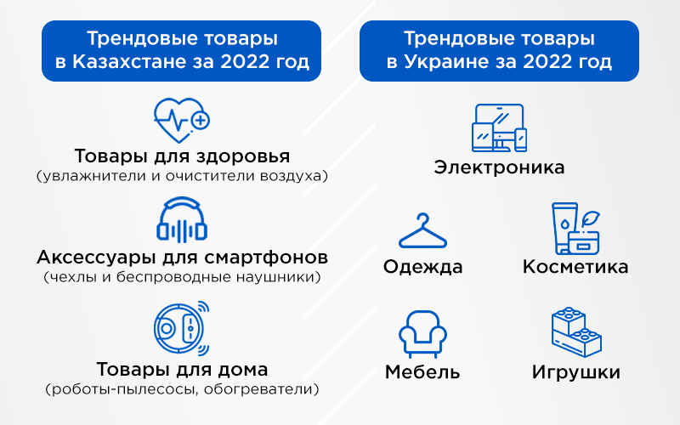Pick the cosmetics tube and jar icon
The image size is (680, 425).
click(575, 228)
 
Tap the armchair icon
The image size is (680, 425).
click(422, 332)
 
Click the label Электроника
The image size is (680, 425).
click(499, 167)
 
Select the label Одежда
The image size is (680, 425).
click(422, 267)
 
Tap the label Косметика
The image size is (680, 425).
click(575, 267)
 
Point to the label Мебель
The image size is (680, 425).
click(422, 372)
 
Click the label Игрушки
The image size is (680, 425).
click(575, 372)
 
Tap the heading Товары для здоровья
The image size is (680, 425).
click(182, 157)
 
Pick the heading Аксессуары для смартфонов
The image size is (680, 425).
click(182, 257)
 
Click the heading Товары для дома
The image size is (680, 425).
click(182, 370)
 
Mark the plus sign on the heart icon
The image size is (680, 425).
click(201, 121)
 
